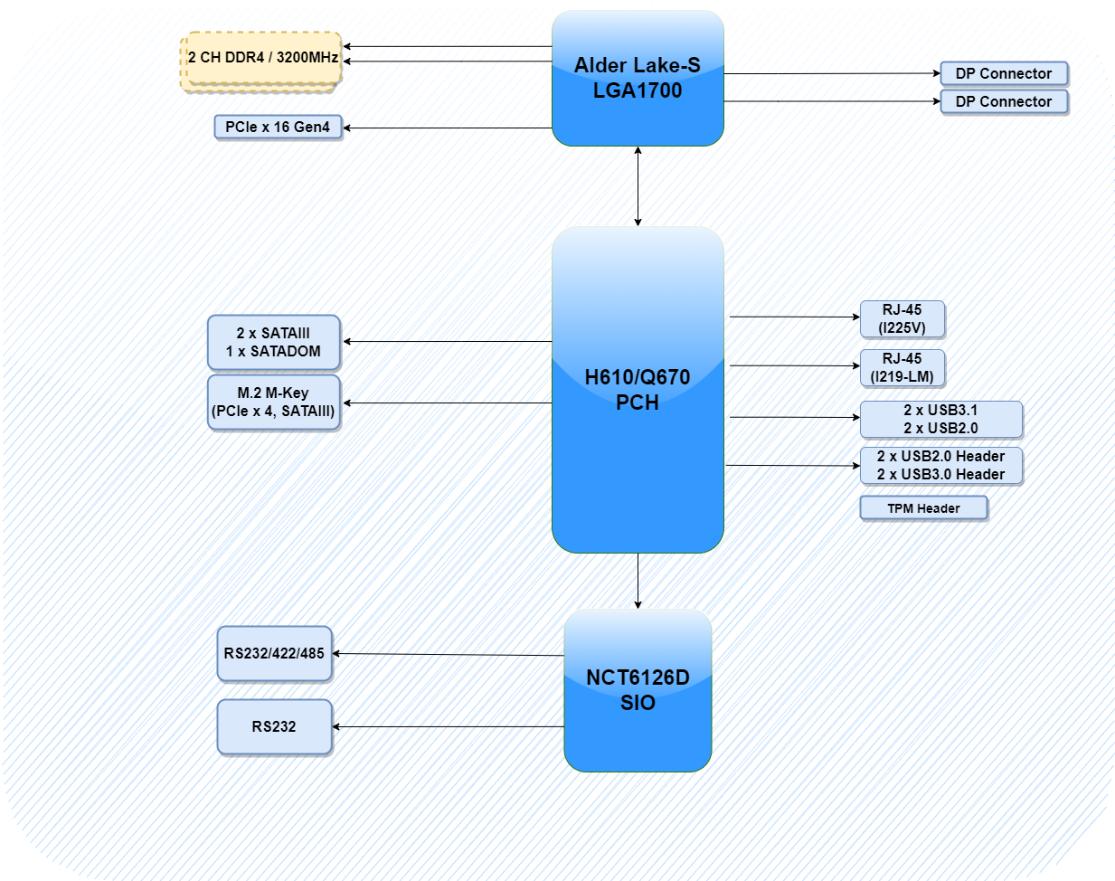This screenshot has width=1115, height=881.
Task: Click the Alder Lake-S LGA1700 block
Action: tap(638, 79)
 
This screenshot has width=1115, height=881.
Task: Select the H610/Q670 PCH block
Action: tap(638, 390)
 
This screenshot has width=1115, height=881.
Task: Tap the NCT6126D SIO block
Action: tap(638, 690)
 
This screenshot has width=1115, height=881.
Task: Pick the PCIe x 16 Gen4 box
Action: tap(278, 127)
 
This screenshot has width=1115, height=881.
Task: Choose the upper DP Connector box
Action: tap(1004, 73)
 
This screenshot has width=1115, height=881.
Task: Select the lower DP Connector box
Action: tap(1004, 101)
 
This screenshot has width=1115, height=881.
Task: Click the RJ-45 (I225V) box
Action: tap(902, 318)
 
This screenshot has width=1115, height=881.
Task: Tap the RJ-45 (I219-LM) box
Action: tap(902, 367)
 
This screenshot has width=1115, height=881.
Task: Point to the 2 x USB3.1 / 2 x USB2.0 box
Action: tap(940, 419)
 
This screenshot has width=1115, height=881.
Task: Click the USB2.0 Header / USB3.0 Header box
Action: tap(940, 465)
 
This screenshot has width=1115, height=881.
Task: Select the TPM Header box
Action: tap(923, 508)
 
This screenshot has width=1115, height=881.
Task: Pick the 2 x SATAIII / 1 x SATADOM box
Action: tap(274, 342)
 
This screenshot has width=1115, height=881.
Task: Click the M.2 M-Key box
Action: tap(274, 402)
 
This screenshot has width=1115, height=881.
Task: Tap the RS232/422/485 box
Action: tap(274, 653)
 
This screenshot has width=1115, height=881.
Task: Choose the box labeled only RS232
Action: tap(274, 726)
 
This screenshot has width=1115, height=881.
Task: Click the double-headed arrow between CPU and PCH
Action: tap(638, 185)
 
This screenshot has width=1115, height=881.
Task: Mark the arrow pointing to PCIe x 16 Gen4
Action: tap(448, 128)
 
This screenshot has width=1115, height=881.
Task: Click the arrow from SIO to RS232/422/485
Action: tap(448, 654)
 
